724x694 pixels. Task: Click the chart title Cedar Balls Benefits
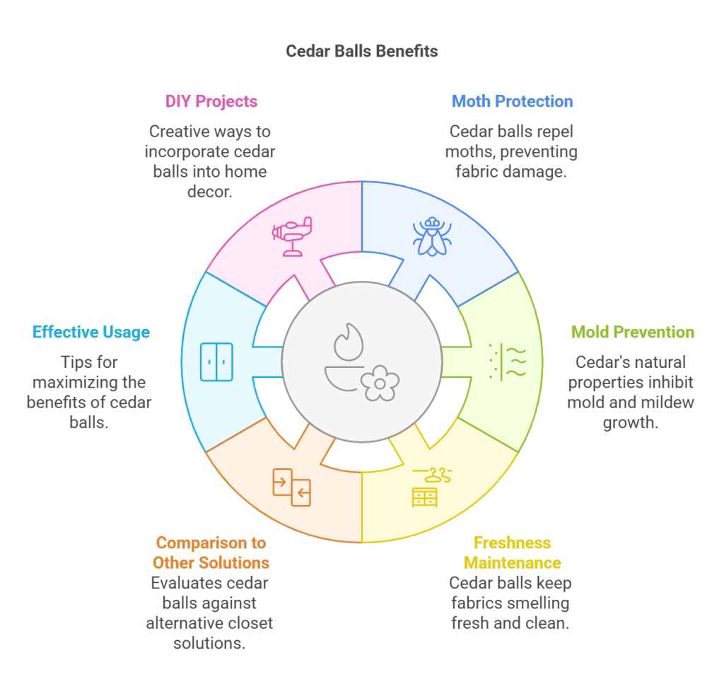[x=361, y=51]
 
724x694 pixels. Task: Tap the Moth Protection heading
[x=512, y=101]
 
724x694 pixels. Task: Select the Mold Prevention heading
[x=632, y=332]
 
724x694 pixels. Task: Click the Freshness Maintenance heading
[x=512, y=553]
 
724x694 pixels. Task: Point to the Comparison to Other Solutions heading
[x=212, y=553]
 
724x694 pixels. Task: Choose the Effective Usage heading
[x=91, y=332]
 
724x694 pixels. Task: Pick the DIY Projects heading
[x=211, y=101]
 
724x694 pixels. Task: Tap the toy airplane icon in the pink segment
[x=292, y=236]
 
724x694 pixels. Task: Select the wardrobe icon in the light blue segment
[x=216, y=362]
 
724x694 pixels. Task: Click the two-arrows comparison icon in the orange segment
[x=292, y=487]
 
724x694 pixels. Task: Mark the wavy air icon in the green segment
[x=508, y=362]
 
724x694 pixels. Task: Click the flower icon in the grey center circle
[x=380, y=383]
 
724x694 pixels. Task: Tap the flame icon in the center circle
[x=348, y=342]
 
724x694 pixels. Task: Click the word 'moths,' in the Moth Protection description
[x=469, y=151]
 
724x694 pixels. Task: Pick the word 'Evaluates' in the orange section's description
[x=186, y=584]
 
